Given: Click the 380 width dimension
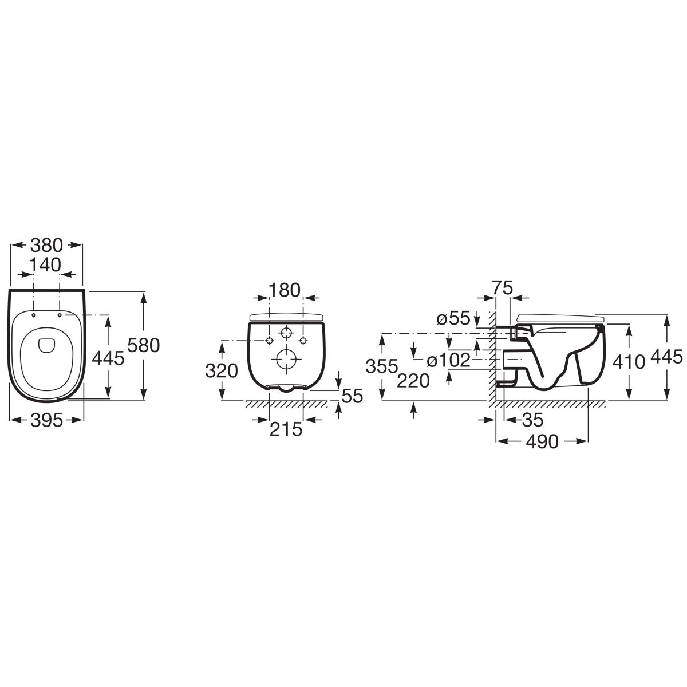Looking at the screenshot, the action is click(x=46, y=245).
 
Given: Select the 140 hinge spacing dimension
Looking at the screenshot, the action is click(x=45, y=264).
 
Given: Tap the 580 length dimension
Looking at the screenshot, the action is click(x=144, y=345).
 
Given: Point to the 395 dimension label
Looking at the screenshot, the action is click(x=46, y=421).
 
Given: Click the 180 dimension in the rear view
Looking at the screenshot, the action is click(x=285, y=290).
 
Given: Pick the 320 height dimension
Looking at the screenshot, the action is click(x=222, y=371).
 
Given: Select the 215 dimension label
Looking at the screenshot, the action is click(x=286, y=429).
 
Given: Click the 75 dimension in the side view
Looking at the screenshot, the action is click(x=502, y=288).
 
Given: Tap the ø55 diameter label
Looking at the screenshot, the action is click(x=454, y=318).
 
